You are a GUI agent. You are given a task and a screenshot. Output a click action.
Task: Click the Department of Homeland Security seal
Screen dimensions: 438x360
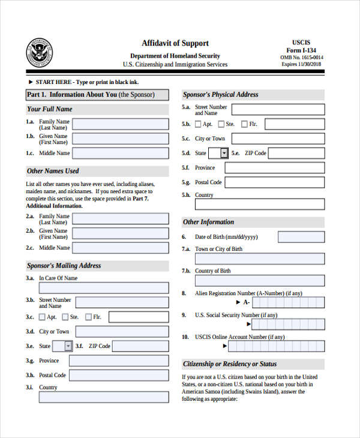39,52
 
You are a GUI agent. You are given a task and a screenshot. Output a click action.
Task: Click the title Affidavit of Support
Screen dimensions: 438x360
175,43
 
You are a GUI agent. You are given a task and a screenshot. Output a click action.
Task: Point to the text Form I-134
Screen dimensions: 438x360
306,50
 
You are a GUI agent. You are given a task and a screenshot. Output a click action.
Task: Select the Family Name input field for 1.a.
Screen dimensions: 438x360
120,124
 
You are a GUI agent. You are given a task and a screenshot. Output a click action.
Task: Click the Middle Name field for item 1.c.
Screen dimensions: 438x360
120,153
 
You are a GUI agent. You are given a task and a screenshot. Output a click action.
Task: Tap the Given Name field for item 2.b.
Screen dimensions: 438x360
120,233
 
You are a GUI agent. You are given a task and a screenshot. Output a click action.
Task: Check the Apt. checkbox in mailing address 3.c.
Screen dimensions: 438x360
42,317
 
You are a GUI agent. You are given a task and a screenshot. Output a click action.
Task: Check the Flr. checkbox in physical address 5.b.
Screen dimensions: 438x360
244,124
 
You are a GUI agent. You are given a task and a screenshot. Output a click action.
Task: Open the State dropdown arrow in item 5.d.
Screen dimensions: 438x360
224,153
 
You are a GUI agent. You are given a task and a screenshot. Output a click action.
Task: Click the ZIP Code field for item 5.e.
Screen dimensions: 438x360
296,153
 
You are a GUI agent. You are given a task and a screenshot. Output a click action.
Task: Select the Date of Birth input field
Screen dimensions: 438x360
302,237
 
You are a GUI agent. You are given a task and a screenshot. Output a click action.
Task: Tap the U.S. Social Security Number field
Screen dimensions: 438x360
288,325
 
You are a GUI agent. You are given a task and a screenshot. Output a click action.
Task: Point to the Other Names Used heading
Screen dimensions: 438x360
53,171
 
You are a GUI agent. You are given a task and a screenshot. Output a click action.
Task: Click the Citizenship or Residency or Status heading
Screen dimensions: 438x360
230,364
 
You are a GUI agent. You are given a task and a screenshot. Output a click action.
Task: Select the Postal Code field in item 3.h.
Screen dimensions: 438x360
119,376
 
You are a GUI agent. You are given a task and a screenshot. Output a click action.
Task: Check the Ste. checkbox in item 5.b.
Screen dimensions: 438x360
221,124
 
